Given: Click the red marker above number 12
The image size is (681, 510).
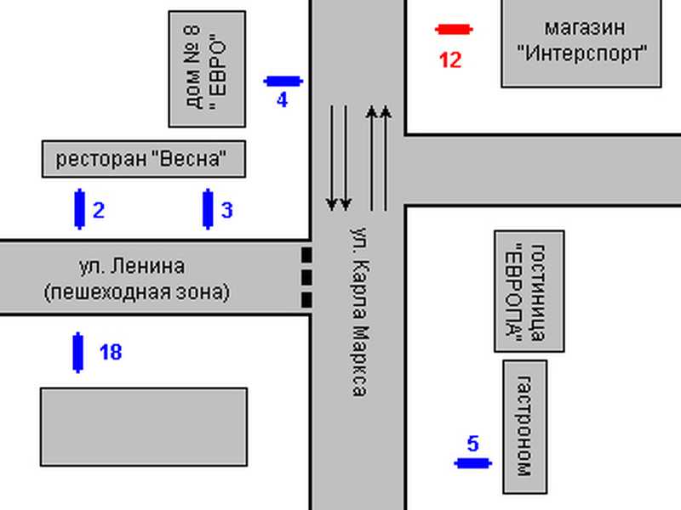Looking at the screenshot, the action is (454, 30).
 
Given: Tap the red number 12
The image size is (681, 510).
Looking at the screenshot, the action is (450, 60).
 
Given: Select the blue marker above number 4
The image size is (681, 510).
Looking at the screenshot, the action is (283, 81).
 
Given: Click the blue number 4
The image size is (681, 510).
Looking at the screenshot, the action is (283, 100).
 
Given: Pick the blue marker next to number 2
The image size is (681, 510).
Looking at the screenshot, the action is (79, 209).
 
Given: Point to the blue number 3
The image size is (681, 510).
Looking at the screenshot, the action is (227, 210).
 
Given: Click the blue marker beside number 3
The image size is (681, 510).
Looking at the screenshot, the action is (208, 209).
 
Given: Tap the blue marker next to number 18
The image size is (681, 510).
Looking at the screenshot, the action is (78, 352).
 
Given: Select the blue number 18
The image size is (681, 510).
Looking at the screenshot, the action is (111, 352).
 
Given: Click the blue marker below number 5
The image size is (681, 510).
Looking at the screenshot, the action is (473, 463).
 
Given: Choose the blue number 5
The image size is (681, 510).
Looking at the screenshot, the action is (473, 444).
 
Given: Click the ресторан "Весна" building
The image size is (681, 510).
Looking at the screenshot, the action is (144, 159).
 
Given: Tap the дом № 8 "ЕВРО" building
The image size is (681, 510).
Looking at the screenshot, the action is (207, 70).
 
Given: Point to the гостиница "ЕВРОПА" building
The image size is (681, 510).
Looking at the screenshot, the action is (529, 291).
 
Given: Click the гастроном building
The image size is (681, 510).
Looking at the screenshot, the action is (525, 427).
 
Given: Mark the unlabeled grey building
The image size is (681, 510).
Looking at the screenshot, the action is (144, 428).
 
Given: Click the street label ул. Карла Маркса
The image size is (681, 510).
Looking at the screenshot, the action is (359, 311).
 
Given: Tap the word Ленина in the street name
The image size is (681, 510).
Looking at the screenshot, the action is (147, 266).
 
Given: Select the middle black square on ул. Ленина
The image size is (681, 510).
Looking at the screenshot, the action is (306, 278).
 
